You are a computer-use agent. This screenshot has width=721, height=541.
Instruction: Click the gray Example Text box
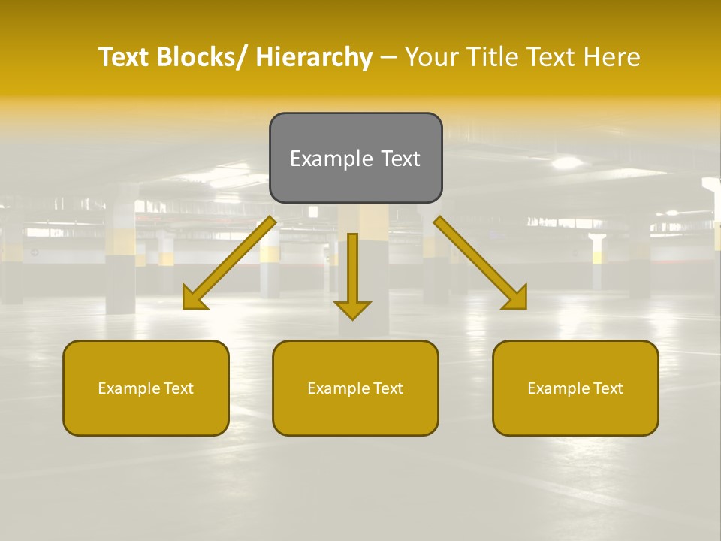point(355,158)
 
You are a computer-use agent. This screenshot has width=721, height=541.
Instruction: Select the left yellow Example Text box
point(146,388)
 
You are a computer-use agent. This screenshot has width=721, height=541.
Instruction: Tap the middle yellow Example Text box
point(355,388)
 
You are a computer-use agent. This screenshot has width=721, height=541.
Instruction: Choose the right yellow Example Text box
point(575,388)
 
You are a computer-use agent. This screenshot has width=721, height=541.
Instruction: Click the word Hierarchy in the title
point(314,57)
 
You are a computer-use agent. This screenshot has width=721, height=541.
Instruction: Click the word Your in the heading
point(432,57)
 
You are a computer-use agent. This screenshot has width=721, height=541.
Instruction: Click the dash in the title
point(388,57)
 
